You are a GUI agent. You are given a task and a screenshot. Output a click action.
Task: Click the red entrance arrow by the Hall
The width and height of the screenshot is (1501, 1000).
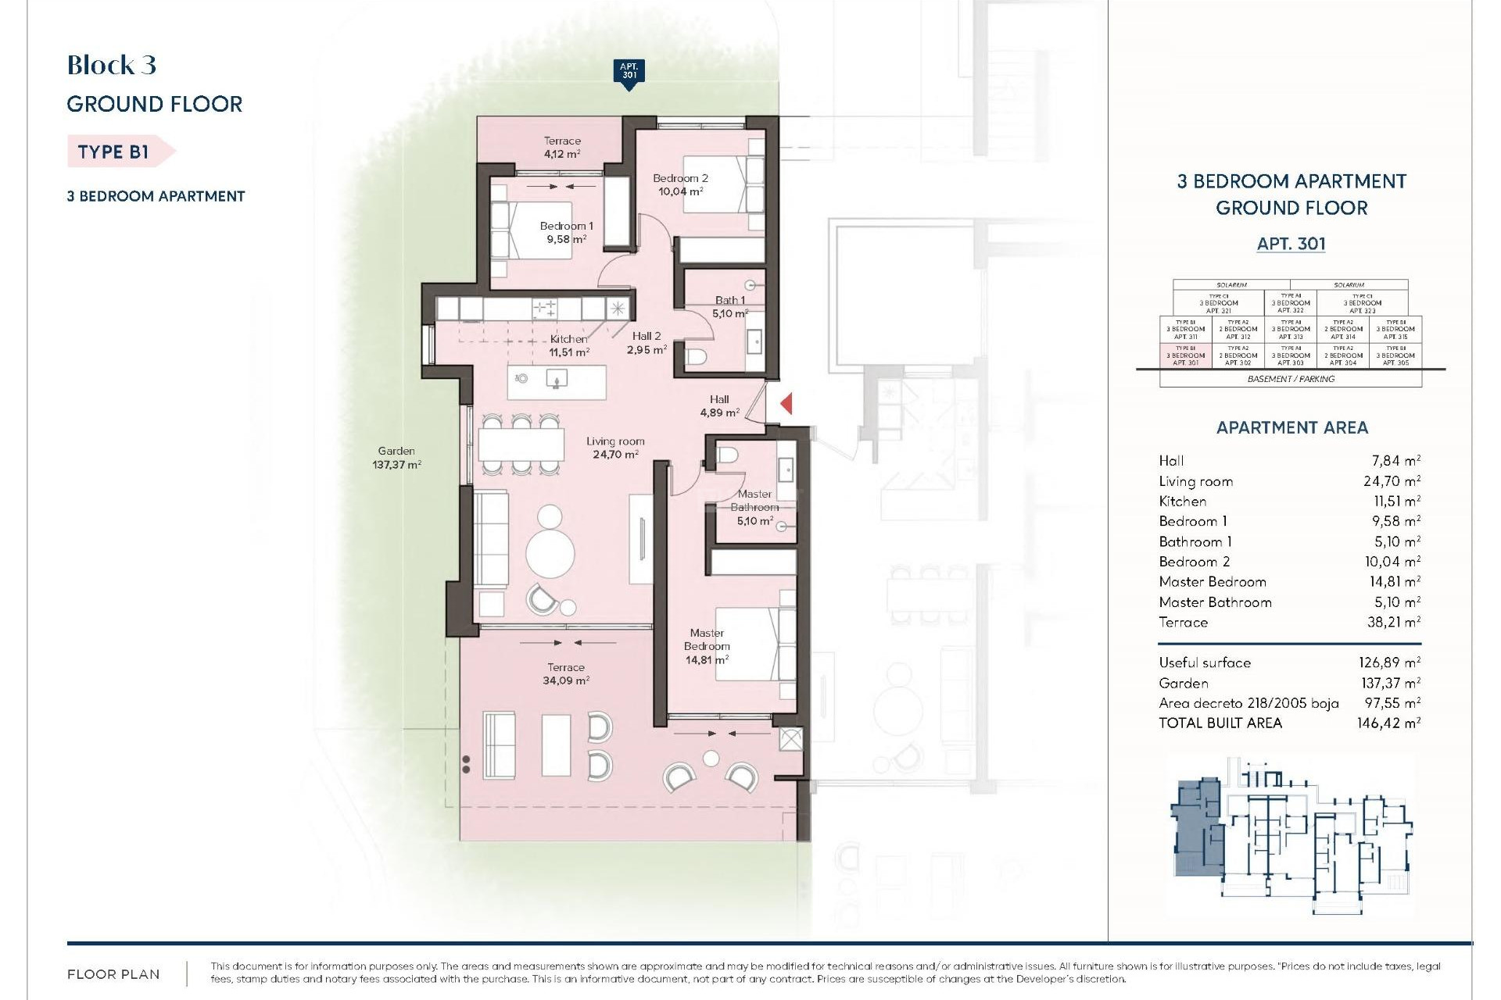point(787,404)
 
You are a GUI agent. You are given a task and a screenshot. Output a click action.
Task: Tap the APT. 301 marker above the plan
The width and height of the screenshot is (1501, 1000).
point(629,72)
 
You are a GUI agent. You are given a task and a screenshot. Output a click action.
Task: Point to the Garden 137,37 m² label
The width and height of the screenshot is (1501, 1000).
point(396,458)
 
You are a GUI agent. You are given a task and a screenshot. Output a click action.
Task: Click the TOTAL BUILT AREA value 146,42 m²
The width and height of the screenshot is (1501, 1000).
point(1388,723)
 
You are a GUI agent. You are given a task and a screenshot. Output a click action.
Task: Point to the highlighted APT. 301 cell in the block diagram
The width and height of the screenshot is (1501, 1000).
point(1185,355)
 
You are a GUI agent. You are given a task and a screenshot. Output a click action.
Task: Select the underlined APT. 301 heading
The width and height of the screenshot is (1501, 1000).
point(1291,244)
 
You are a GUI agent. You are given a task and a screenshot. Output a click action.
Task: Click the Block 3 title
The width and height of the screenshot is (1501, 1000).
point(112,65)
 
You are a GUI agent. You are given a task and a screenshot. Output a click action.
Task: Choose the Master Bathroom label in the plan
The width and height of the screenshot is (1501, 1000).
point(754,500)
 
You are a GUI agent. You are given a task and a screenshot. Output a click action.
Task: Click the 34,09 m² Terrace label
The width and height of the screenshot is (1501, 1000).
point(566,673)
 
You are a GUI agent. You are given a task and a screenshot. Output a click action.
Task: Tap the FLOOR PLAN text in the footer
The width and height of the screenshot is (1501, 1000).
point(113,974)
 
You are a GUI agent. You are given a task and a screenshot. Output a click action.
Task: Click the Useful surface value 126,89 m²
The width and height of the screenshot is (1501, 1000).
point(1389,662)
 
